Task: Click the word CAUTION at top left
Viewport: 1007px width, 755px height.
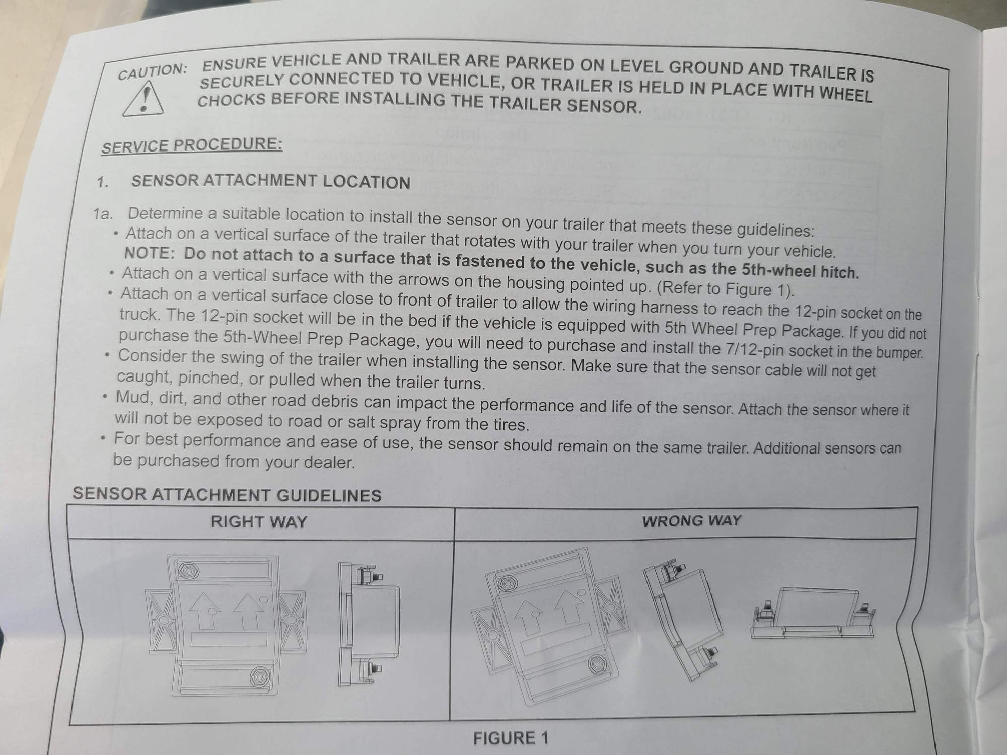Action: [x=152, y=71]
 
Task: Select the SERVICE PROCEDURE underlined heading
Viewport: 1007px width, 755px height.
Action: [x=192, y=145]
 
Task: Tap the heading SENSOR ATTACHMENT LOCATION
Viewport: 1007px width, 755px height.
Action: [x=271, y=182]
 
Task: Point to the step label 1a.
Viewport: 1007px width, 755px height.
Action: [x=103, y=214]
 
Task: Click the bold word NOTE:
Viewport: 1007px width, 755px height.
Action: [x=150, y=253]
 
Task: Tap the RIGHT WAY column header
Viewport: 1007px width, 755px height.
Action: [x=259, y=522]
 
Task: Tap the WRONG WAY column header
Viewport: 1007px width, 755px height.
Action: [x=692, y=521]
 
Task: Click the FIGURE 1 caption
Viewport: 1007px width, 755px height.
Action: [x=511, y=738]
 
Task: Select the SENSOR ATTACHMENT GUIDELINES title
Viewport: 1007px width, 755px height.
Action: [x=227, y=495]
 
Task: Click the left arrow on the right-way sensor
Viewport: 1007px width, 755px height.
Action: [x=203, y=611]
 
